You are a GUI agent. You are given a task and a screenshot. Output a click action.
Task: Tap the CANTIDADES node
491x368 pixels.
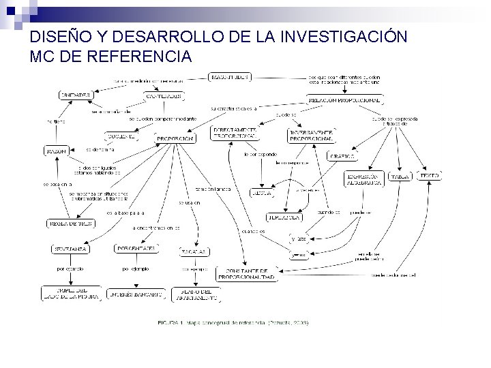tap(164, 96)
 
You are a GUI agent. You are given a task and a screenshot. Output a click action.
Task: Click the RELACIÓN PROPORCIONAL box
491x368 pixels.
tap(344, 100)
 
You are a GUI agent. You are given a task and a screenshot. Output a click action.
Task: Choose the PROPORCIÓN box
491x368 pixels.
tap(176, 138)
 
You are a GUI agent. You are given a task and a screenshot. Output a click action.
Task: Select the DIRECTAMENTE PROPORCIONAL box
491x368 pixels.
tap(235, 132)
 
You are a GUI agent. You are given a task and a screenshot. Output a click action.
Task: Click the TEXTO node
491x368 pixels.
tap(429, 175)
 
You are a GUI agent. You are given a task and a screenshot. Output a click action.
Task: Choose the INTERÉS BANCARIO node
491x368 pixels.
tap(136, 295)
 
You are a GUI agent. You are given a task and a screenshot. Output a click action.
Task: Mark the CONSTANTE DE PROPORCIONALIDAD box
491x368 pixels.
tap(247, 274)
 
